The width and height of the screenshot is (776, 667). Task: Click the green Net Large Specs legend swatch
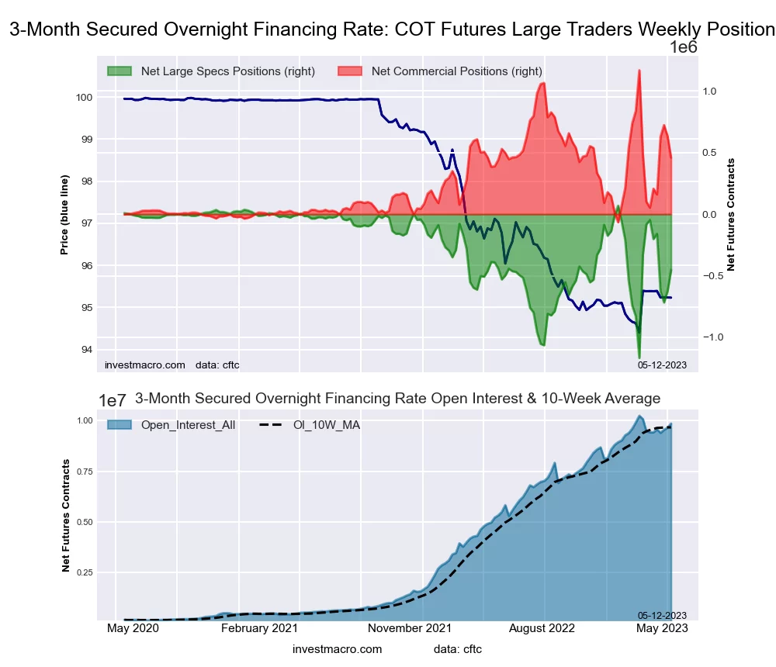click(120, 71)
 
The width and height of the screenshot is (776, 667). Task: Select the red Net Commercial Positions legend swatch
click(350, 71)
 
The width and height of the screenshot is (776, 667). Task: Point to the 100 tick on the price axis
click(84, 98)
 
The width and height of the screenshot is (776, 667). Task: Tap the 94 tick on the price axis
click(87, 350)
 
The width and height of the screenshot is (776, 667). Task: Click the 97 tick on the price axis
click(87, 223)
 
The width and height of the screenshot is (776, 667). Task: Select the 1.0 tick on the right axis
click(709, 92)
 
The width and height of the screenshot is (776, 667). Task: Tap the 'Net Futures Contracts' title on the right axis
click(731, 215)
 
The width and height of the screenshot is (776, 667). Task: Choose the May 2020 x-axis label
click(131, 629)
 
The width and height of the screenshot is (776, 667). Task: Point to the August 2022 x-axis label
click(544, 629)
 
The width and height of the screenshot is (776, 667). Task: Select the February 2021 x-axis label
click(259, 629)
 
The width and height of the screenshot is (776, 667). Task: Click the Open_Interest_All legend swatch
click(120, 425)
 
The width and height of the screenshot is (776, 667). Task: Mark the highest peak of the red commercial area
click(639, 71)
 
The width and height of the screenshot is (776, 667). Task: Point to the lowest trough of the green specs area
click(639, 358)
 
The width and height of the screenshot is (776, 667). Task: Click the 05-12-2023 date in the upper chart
click(662, 365)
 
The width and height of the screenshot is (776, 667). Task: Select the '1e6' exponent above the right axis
click(684, 47)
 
